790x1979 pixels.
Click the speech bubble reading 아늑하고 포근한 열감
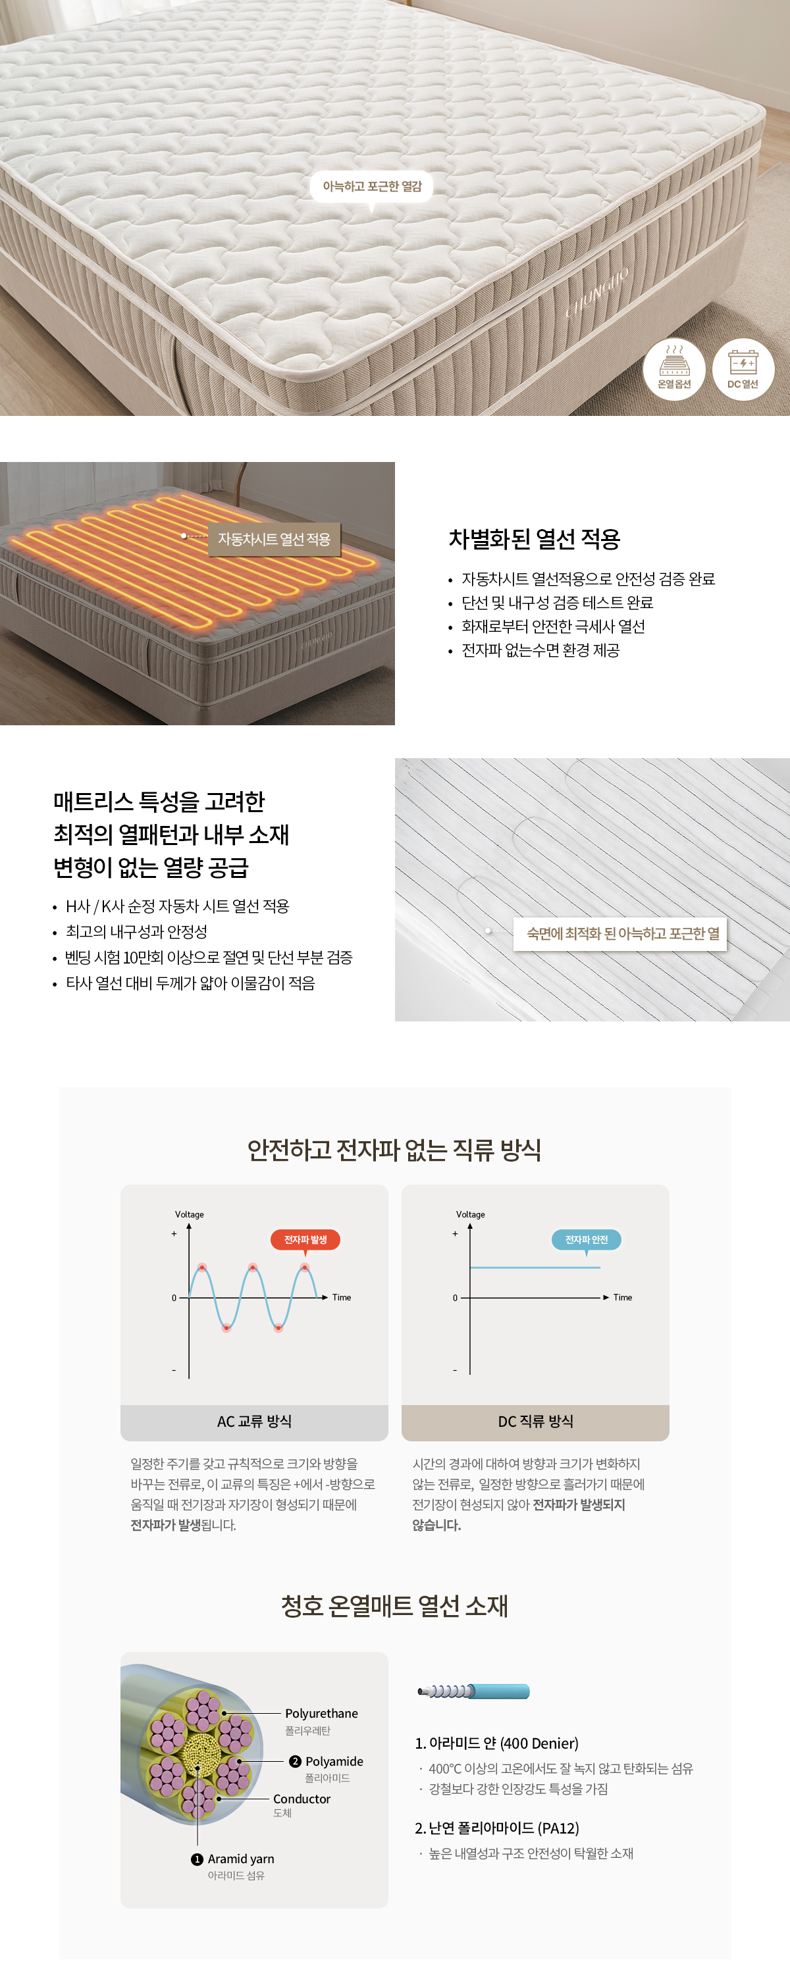[372, 188]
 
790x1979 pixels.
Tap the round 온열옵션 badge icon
[674, 369]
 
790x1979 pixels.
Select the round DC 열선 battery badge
[743, 369]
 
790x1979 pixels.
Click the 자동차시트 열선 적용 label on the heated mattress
[275, 539]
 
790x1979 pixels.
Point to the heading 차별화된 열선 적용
[534, 539]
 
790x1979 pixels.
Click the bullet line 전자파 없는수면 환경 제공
[540, 651]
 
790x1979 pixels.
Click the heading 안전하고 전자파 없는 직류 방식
[395, 1150]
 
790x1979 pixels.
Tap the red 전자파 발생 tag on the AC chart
[305, 1240]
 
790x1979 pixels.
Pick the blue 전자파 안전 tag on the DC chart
[587, 1240]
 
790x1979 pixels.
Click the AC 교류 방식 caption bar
[254, 1422]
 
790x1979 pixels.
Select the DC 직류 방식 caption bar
[536, 1422]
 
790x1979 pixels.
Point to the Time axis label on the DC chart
[623, 1298]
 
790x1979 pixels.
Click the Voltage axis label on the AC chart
[189, 1215]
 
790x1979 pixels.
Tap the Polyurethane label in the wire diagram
[321, 1714]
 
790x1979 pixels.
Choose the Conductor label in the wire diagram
[302, 1799]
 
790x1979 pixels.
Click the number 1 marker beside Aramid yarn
[197, 1859]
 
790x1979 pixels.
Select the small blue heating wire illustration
[473, 1691]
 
